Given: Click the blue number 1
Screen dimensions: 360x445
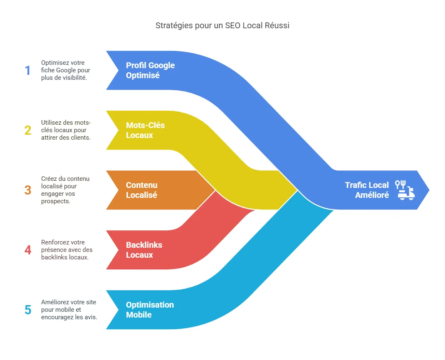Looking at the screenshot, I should [x=27, y=71].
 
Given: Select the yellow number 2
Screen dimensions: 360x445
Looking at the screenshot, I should [x=27, y=131].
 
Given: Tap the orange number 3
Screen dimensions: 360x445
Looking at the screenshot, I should [x=27, y=190].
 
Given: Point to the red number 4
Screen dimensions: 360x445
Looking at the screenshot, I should [x=27, y=250].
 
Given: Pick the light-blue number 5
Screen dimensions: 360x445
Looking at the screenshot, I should [x=27, y=310].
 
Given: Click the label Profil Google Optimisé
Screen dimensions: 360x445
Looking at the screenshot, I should [x=150, y=71].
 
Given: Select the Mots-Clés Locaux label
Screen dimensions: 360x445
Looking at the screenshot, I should [x=145, y=130].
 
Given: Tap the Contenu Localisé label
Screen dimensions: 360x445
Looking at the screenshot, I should [x=142, y=190].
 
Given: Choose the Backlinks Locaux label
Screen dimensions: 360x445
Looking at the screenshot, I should [x=144, y=250].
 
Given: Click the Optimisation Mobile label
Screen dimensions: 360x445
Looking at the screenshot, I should [x=150, y=310].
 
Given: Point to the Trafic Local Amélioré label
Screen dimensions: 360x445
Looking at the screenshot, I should [x=367, y=190].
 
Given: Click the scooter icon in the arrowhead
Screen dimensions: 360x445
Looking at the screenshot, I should [x=406, y=194].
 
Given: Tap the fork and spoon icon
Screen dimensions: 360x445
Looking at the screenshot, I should [x=400, y=184].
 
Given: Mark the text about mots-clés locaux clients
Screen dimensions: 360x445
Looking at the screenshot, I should [x=66, y=130].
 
